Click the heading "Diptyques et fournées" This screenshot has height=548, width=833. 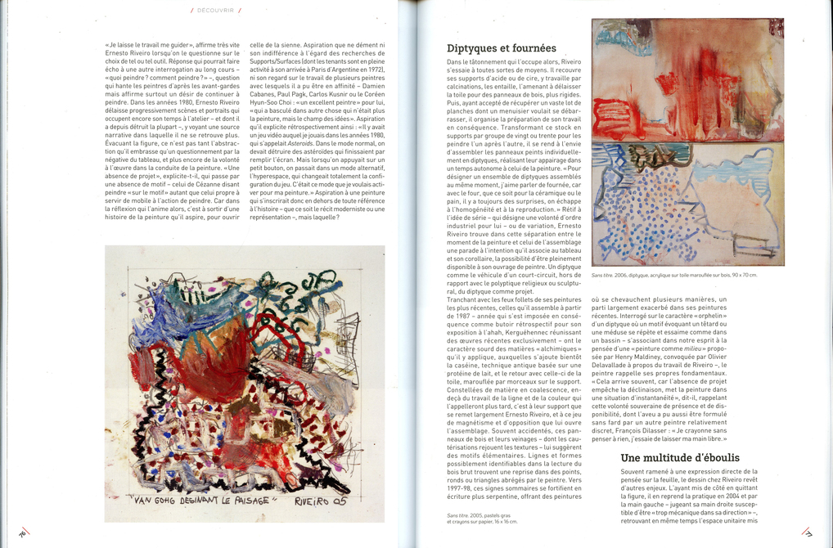pos(502,48)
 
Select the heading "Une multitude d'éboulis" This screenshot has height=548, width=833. pos(680,458)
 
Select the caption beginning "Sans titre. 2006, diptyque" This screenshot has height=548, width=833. pos(673,275)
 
